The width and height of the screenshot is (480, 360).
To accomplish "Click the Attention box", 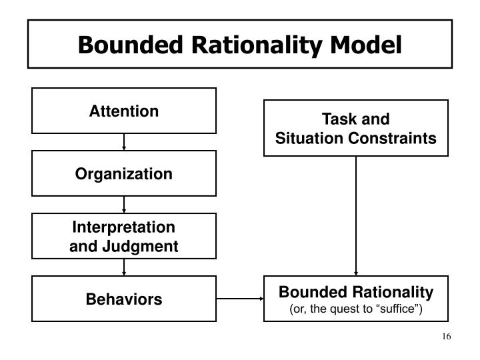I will tap(124, 111).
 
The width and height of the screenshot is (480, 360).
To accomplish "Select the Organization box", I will tap(124, 174).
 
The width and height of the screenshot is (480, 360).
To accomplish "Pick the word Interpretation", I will tap(124, 227).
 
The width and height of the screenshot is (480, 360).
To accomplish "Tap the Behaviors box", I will tap(124, 299).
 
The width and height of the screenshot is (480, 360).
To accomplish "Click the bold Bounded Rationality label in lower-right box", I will tap(356, 292).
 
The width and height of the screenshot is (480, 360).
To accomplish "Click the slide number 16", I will tap(447, 336).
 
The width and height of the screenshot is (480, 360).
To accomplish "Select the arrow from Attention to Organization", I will tap(124, 142).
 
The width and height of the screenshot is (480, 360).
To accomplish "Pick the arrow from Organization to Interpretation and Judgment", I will tap(124, 205).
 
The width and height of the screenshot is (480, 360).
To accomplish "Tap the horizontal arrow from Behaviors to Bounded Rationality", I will tap(241, 299).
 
